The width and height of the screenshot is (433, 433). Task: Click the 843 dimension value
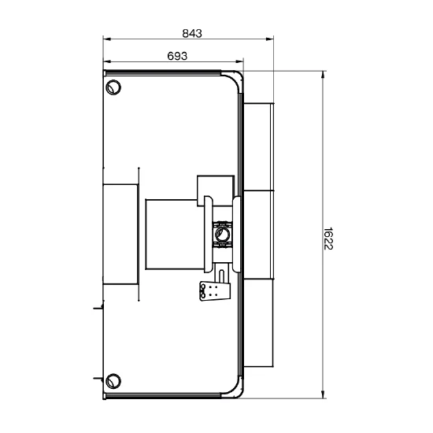192,33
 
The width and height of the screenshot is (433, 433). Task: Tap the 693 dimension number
177,56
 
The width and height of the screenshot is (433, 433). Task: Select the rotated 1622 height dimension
328,239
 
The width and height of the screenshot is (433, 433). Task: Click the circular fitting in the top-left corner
113,87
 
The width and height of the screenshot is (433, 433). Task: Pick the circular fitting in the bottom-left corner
113,381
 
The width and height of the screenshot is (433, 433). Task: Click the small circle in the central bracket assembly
222,235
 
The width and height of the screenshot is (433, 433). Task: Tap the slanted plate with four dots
215,291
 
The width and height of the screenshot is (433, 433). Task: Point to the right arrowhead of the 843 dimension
270,39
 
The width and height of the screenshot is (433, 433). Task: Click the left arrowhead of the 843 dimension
107,39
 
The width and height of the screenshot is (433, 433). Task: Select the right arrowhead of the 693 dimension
239,61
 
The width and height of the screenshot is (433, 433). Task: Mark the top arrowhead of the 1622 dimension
323,75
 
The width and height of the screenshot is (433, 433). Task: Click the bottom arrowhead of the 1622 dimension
323,394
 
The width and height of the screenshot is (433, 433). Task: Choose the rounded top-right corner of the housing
235,78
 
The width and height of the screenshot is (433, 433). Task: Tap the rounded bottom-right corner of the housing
235,390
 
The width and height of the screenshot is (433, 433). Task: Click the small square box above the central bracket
216,191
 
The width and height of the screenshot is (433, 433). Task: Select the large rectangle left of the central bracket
175,234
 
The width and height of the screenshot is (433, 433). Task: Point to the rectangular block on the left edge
120,234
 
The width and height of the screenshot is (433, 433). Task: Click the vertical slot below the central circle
221,276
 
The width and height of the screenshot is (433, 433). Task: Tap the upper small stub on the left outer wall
98,307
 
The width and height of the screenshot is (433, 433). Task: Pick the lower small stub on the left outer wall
98,378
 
